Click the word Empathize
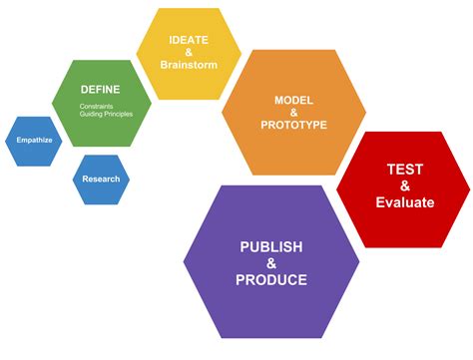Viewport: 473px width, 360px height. pos(34,142)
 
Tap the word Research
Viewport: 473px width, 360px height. pos(101,180)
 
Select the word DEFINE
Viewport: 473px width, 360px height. pos(101,90)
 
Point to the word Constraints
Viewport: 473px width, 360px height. pos(98,105)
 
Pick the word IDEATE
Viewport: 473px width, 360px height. pos(188,39)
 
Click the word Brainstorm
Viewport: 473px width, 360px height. pos(189,65)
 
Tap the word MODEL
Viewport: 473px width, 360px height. pos(293,100)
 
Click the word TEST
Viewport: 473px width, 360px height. pos(405,169)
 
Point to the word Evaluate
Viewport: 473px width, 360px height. pos(405,202)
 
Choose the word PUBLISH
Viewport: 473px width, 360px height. pos(271,246)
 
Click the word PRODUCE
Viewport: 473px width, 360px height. pos(271,280)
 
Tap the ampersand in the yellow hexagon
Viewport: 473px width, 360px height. pos(188,52)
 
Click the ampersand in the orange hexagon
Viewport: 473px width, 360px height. pos(293,114)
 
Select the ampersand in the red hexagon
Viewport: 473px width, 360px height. pos(405,185)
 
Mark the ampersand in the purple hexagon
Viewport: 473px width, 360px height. pos(271,263)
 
